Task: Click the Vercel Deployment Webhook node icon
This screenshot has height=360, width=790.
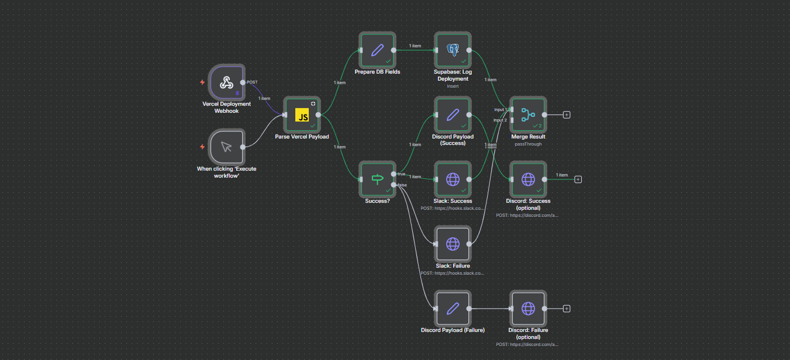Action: [226, 82]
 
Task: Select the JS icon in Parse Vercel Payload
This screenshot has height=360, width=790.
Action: [302, 115]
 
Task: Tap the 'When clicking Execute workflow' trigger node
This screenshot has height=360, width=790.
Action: [226, 147]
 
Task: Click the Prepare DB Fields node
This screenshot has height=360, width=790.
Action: [377, 50]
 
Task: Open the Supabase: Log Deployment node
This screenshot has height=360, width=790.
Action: [453, 50]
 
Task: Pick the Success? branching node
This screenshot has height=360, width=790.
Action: [377, 179]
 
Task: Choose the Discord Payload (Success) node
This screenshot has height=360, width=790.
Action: [453, 115]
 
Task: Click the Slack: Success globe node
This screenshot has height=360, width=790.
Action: [453, 179]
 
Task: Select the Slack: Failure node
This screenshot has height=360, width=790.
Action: [453, 244]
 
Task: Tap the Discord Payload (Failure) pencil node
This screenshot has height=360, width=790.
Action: [453, 308]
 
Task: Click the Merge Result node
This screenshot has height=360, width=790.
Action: [528, 115]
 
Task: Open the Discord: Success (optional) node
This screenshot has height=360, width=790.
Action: [528, 179]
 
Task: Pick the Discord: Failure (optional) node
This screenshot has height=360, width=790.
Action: [528, 308]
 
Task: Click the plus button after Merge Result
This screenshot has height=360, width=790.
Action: [567, 115]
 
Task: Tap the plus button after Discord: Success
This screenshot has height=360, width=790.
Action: [578, 179]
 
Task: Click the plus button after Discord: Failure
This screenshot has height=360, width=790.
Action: [567, 308]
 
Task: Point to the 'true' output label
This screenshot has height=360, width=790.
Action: [402, 174]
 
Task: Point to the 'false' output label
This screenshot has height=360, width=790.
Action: [402, 185]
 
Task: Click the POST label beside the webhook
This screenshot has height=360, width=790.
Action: [252, 82]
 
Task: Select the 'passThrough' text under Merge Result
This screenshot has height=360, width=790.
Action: [528, 144]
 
